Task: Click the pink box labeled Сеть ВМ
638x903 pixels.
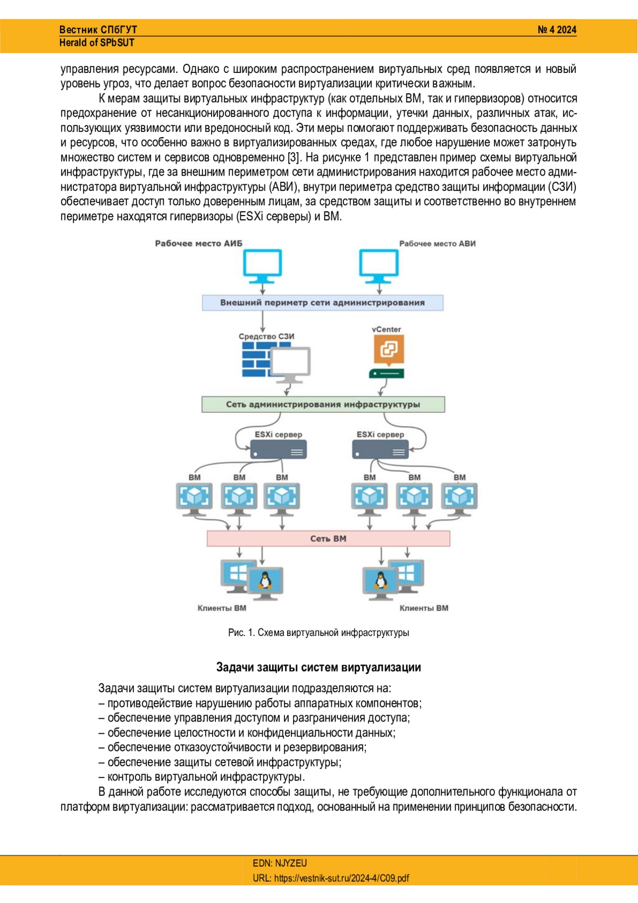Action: [328, 539]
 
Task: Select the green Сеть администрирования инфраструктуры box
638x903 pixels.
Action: [323, 404]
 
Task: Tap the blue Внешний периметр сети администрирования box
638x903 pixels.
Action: [322, 303]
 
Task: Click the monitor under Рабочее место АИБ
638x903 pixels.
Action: [263, 266]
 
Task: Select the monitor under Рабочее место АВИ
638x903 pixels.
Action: [379, 266]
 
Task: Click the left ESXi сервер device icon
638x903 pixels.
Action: [278, 449]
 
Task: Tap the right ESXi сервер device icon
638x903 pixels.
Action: [380, 449]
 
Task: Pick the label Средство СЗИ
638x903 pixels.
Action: [266, 336]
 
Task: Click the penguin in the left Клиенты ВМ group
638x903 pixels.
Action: [264, 581]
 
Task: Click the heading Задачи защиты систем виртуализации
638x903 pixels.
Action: [318, 667]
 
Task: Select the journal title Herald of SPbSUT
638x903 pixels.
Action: [97, 43]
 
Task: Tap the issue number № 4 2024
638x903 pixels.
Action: [557, 30]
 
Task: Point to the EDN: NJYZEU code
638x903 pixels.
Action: [280, 863]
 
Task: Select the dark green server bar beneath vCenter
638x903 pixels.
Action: [387, 374]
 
